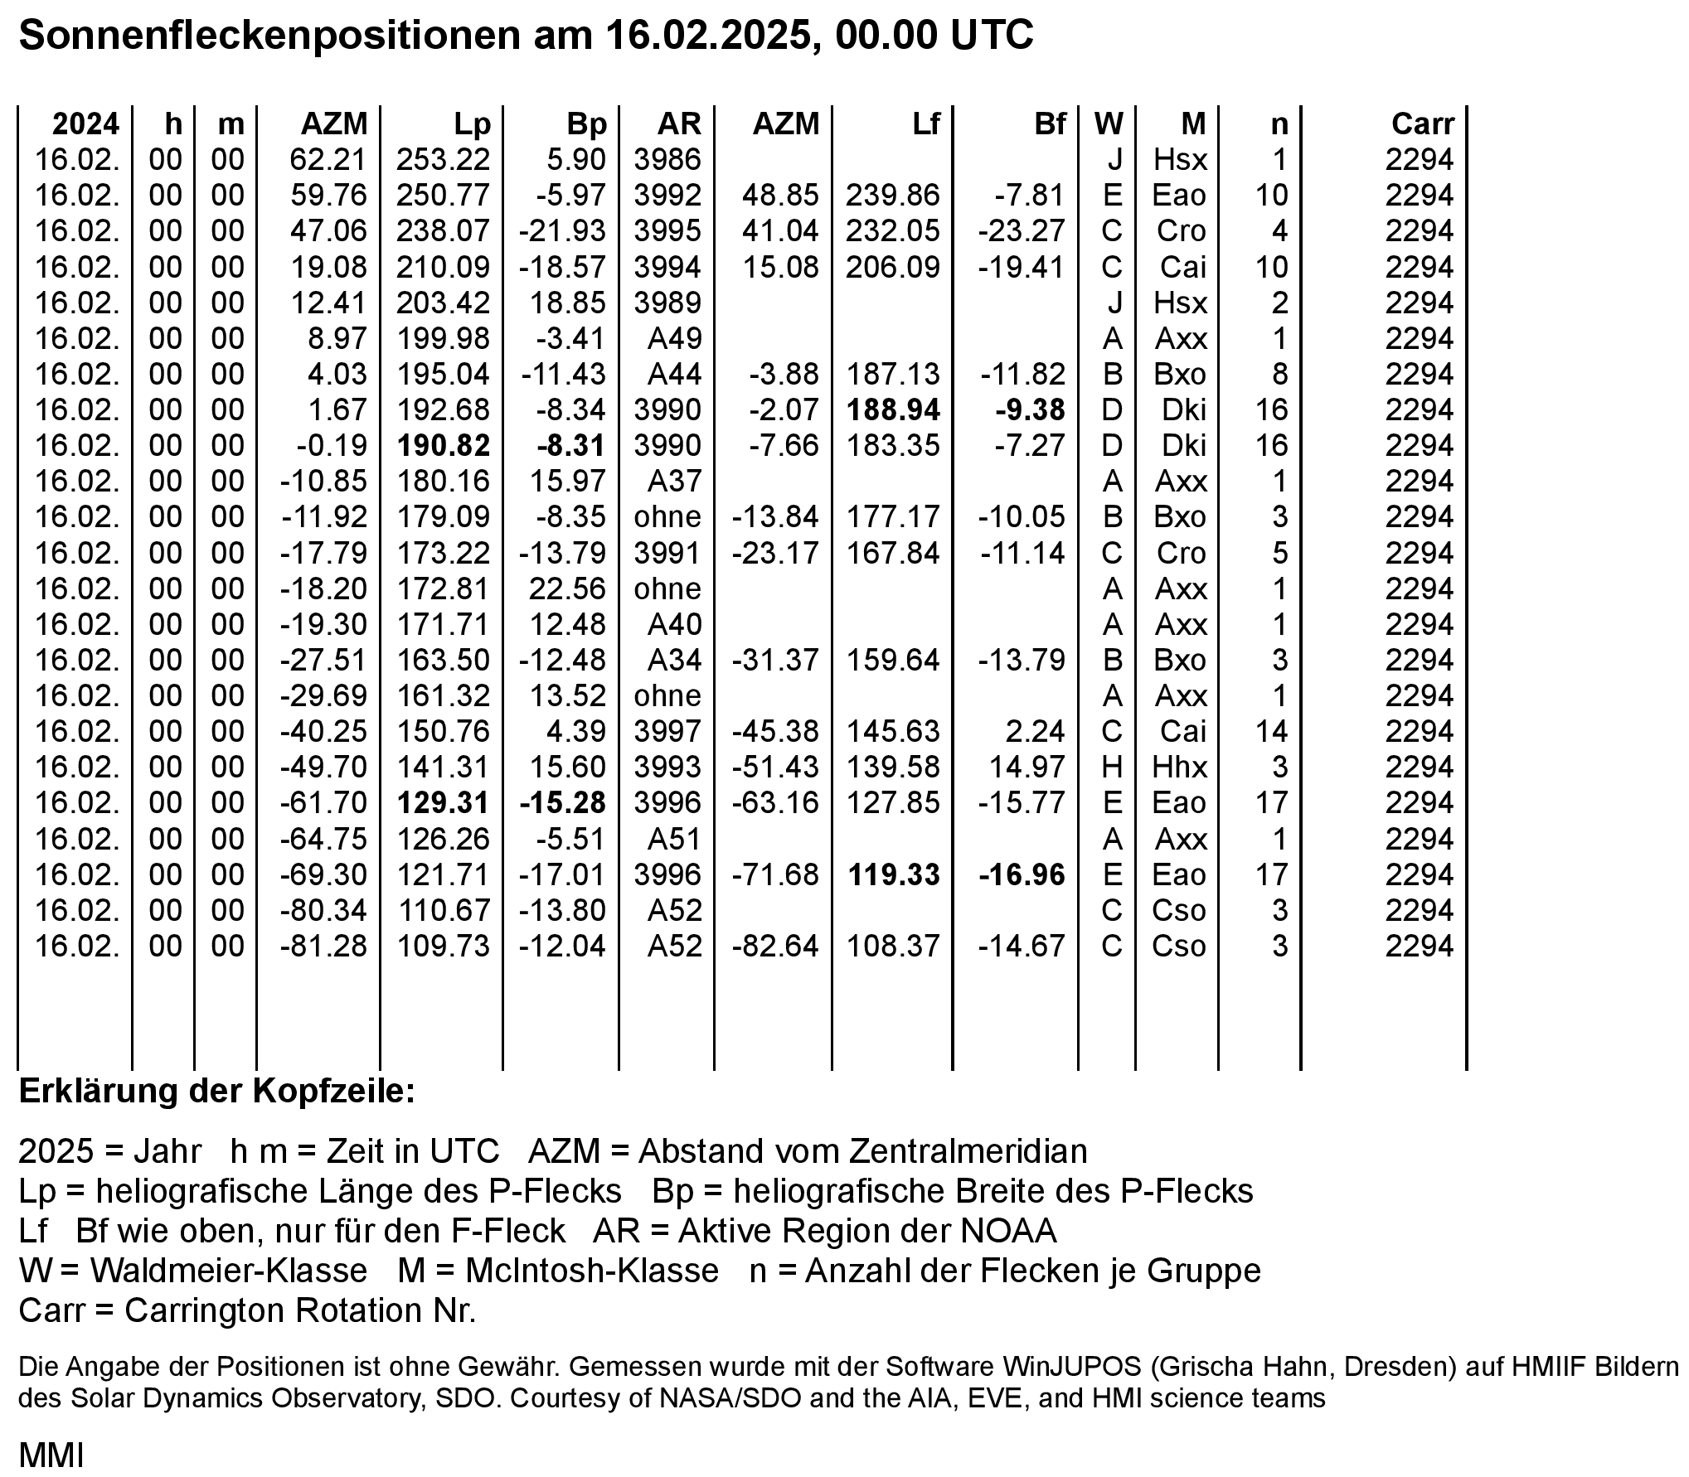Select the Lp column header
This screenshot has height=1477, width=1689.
(473, 124)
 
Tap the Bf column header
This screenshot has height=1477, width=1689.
(1050, 124)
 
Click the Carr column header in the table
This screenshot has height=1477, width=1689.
(1422, 124)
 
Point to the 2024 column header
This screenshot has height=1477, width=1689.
(85, 124)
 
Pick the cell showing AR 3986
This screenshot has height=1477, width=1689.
(667, 160)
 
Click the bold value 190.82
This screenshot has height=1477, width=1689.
(444, 446)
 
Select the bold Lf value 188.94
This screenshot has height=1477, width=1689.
(893, 410)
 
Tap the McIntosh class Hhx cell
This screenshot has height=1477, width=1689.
(1180, 768)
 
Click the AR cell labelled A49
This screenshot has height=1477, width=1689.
(675, 339)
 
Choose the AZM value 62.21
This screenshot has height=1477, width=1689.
(328, 160)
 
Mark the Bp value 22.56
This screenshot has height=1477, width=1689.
(567, 589)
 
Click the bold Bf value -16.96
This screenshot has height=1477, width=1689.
(1022, 875)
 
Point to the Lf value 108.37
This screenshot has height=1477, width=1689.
(893, 947)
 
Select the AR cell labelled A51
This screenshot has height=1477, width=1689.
(675, 840)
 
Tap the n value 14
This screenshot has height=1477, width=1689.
(1271, 732)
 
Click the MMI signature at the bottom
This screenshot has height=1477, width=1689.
(51, 1455)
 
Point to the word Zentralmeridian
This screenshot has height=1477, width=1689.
(944, 1151)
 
